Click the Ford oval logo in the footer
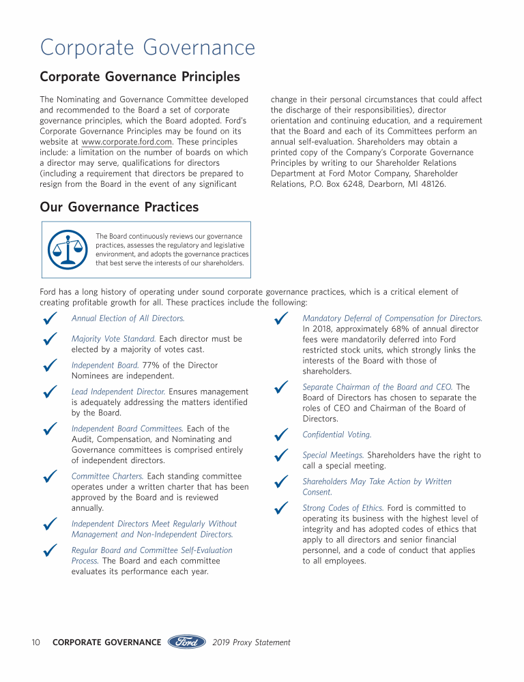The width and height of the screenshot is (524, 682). pyautogui.click(x=187, y=642)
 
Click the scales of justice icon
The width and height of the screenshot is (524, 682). pyautogui.click(x=67, y=250)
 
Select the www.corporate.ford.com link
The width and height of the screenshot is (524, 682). pyautogui.click(x=127, y=142)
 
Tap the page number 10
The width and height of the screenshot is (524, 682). pyautogui.click(x=36, y=642)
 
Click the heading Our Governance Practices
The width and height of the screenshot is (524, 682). pyautogui.click(x=119, y=207)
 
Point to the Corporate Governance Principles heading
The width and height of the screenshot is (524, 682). pyautogui.click(x=140, y=76)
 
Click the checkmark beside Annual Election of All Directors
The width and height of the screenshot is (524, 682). pyautogui.click(x=49, y=318)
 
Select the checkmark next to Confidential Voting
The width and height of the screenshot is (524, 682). pyautogui.click(x=280, y=434)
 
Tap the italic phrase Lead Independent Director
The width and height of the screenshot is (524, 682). pyautogui.click(x=118, y=391)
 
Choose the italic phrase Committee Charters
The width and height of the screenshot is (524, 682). pyautogui.click(x=107, y=476)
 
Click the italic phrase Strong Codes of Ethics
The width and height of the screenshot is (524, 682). pyautogui.click(x=343, y=508)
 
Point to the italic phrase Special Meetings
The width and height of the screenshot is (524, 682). pyautogui.click(x=333, y=455)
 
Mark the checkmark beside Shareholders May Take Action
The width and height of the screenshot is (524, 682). pyautogui.click(x=280, y=482)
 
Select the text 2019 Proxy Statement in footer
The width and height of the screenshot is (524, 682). pyautogui.click(x=252, y=642)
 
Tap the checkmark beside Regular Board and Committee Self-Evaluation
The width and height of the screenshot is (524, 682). pyautogui.click(x=49, y=550)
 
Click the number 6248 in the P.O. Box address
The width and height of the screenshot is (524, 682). pyautogui.click(x=346, y=184)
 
